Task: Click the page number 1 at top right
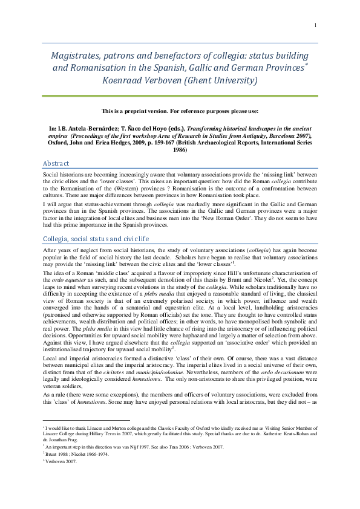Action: (x=316, y=25)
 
